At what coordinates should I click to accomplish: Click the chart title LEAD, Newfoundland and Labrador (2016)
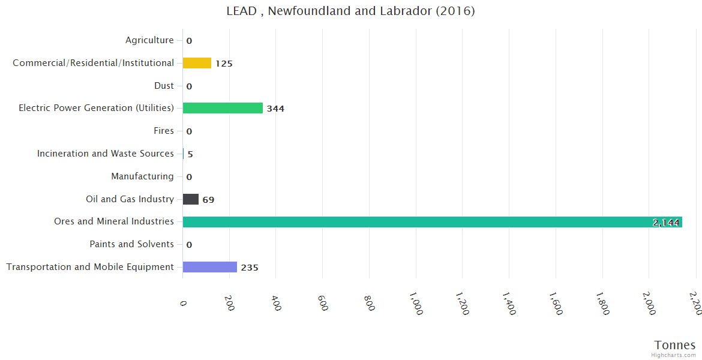point(350,11)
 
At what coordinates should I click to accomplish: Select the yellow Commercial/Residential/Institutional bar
point(197,63)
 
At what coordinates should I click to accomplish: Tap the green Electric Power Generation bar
point(223,108)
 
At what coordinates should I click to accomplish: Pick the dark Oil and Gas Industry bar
point(191,199)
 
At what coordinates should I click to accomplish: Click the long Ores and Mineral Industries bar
point(432,222)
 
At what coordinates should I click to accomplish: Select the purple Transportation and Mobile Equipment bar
point(210,267)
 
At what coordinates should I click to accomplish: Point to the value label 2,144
point(666,223)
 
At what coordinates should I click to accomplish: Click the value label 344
point(275,109)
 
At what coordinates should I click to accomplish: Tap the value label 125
point(224,64)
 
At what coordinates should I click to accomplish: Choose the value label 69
point(208,200)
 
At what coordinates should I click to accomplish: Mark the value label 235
point(250,268)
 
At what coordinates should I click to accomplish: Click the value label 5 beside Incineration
point(190,154)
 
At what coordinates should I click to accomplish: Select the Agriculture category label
point(149,40)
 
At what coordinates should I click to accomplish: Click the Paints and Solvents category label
point(131,244)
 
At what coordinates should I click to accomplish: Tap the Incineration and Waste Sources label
point(106,154)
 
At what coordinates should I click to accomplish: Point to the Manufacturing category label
point(142,176)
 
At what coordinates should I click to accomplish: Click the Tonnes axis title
point(675,345)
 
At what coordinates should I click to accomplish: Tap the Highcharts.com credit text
point(674,355)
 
